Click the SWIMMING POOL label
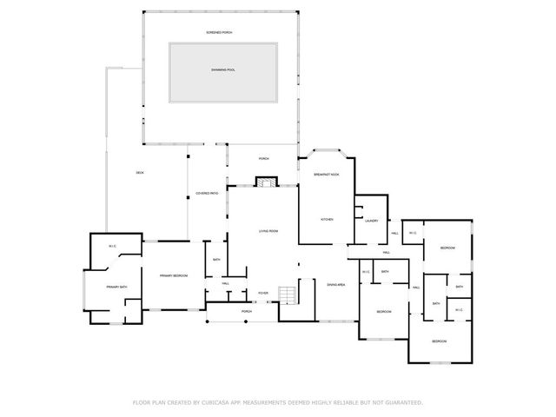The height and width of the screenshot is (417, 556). click(223, 69)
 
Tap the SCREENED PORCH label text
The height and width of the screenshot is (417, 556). click(219, 32)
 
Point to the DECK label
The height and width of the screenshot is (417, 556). click(140, 173)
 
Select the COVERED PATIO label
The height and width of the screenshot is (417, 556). click(207, 194)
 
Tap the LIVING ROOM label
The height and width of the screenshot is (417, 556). click(268, 231)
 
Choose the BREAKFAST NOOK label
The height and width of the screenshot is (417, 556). click(326, 175)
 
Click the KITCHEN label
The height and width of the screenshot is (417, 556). click(327, 220)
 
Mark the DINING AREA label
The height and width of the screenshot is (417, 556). click(336, 285)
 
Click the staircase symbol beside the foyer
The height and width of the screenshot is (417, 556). click(288, 295)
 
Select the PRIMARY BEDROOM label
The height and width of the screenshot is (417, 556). click(174, 275)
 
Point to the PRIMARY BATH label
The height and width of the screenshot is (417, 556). click(117, 287)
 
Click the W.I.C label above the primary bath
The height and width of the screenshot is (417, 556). click(113, 247)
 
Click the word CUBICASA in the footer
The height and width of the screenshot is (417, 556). click(218, 402)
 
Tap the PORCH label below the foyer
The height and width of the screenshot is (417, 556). click(247, 311)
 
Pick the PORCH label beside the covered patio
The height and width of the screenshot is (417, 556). click(263, 159)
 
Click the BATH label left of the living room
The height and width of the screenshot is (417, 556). click(216, 259)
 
